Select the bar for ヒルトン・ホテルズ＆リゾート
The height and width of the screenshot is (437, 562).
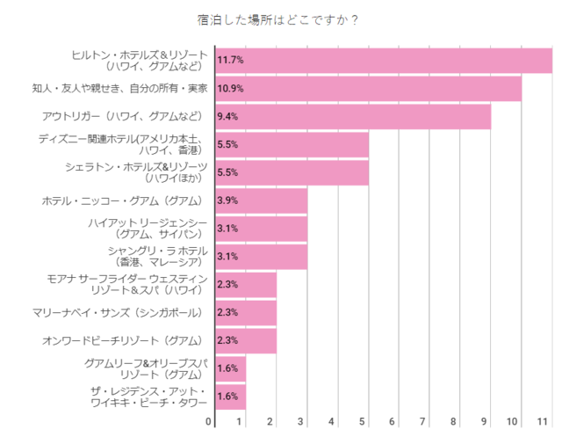click(383, 60)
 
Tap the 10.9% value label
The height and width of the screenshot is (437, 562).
click(230, 89)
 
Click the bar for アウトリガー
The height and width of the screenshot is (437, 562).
click(352, 117)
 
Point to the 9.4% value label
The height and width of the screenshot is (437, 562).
click(227, 117)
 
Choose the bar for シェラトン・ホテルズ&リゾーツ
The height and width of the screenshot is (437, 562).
click(291, 172)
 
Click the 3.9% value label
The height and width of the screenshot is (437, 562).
click(227, 200)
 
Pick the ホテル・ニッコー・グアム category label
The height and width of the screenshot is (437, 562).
click(122, 200)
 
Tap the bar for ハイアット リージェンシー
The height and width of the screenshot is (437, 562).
click(261, 229)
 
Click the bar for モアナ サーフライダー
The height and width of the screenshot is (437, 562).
click(245, 284)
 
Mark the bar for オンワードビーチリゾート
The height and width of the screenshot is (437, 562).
click(245, 340)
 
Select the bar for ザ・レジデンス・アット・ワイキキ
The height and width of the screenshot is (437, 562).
click(230, 396)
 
